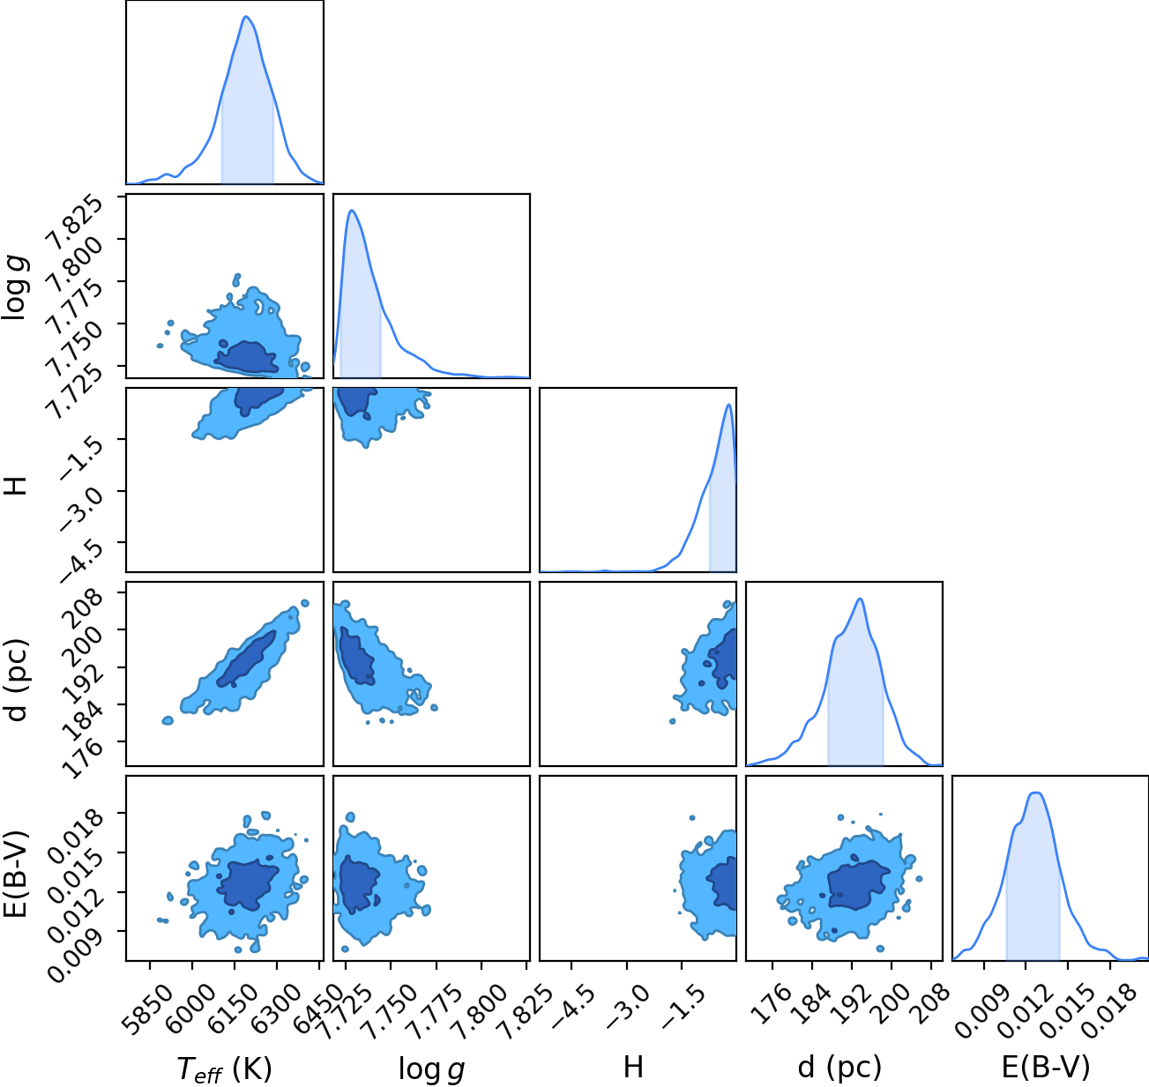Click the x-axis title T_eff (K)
(x=225, y=1068)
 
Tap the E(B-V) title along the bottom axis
(x=1046, y=1067)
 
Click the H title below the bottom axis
(x=633, y=1067)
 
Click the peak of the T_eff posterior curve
(x=246, y=17)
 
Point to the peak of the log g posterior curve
(x=352, y=211)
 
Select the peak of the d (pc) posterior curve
(x=860, y=599)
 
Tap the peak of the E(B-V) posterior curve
(x=1036, y=793)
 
